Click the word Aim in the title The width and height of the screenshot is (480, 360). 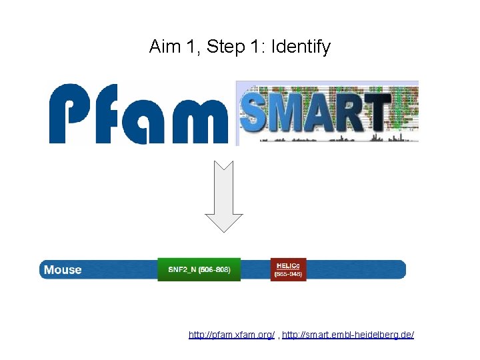pyautogui.click(x=163, y=47)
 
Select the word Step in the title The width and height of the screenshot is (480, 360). pyautogui.click(x=226, y=48)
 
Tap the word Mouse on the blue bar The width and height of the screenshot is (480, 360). pyautogui.click(x=62, y=270)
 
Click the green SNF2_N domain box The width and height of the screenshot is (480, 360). pyautogui.click(x=199, y=269)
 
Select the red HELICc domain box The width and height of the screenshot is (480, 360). pyautogui.click(x=288, y=269)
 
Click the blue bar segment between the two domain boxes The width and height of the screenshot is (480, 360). pyautogui.click(x=255, y=269)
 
